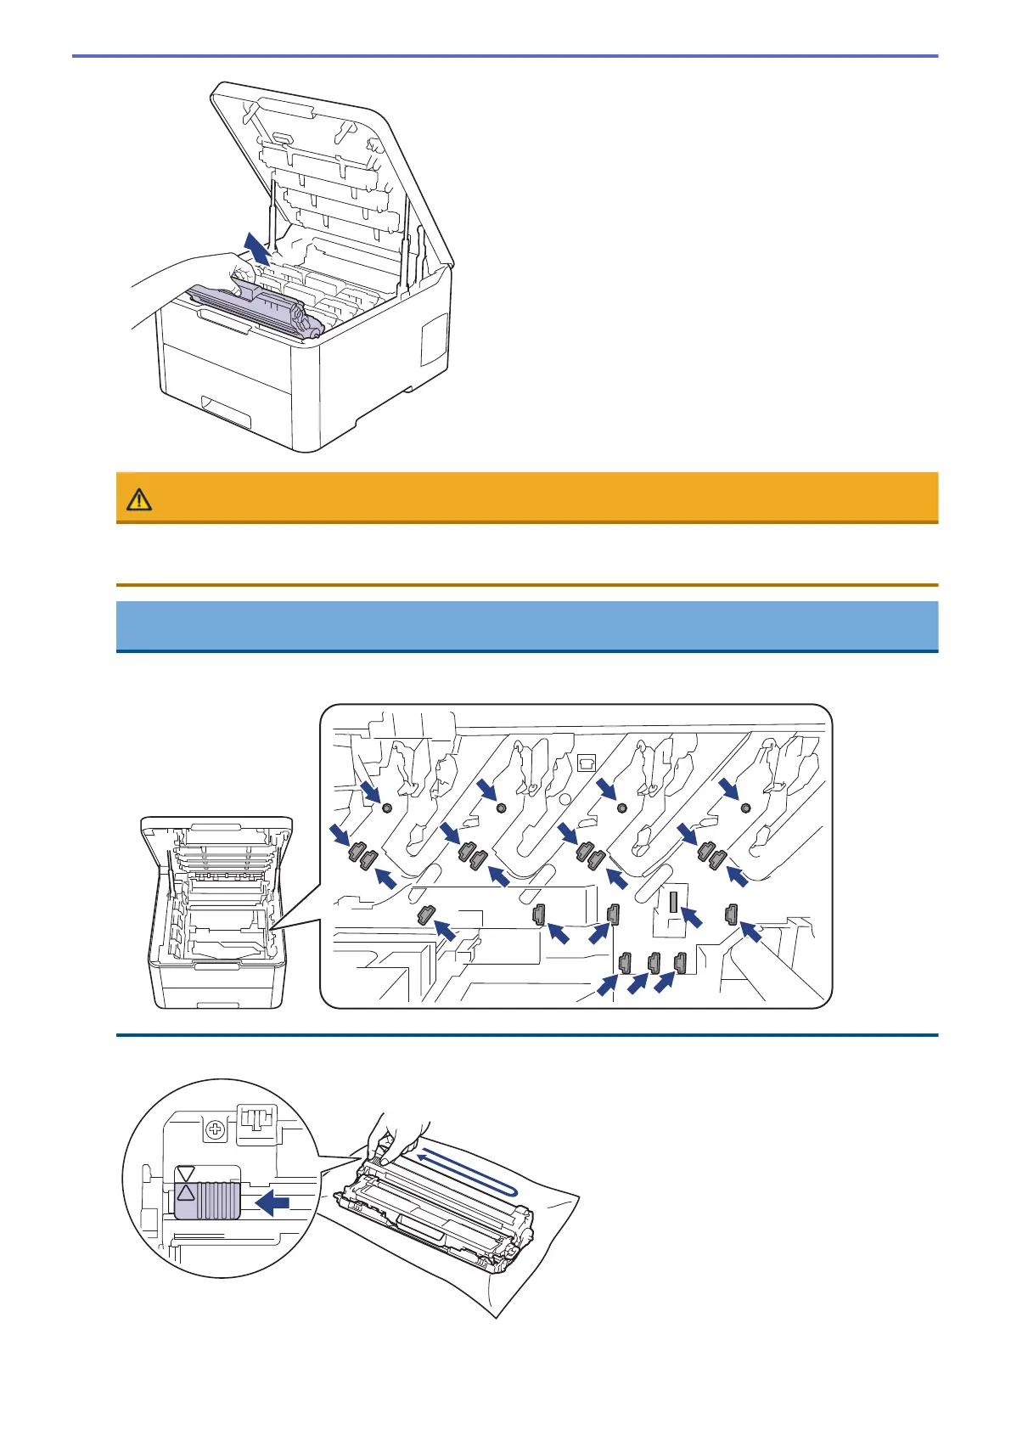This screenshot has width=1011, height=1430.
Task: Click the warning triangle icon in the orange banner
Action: click(139, 499)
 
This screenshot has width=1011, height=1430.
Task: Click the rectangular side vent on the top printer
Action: click(434, 339)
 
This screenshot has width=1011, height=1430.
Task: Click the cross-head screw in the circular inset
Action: click(216, 1129)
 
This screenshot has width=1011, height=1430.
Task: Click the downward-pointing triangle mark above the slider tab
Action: click(186, 1174)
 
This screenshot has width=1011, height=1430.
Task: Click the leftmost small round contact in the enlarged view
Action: click(387, 808)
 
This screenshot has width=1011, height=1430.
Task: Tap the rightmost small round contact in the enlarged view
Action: click(745, 808)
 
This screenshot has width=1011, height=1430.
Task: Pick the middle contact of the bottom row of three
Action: click(654, 963)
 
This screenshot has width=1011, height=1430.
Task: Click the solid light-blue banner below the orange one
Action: click(526, 626)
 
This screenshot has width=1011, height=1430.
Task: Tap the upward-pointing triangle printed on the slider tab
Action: click(186, 1191)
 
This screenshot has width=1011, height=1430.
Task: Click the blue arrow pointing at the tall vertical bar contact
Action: click(694, 916)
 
